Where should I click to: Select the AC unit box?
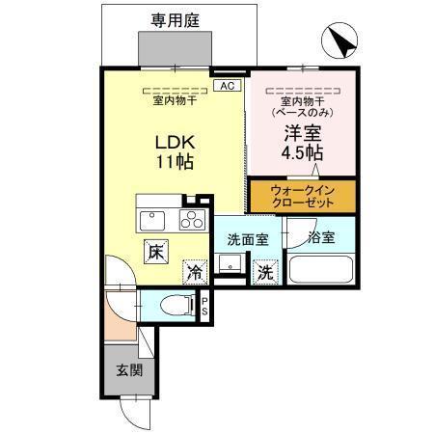coord(228,86)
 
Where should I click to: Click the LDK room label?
coord(175,140)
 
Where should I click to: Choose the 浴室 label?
coord(321,237)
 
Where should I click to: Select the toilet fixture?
coord(175,306)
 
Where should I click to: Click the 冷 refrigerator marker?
coord(194,273)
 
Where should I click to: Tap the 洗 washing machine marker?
coord(263,273)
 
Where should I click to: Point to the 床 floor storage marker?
coord(154,253)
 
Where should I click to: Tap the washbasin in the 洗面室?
coord(230,264)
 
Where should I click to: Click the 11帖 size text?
coord(175,162)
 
